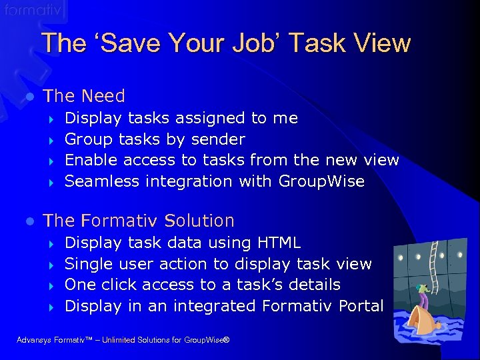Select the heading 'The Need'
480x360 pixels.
[x=83, y=96]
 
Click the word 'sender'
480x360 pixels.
[x=219, y=139]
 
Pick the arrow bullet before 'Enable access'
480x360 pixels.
[x=51, y=161]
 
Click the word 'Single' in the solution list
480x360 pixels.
[x=90, y=264]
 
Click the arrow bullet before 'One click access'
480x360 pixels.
[x=51, y=285]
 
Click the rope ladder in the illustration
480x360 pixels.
[x=439, y=267]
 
